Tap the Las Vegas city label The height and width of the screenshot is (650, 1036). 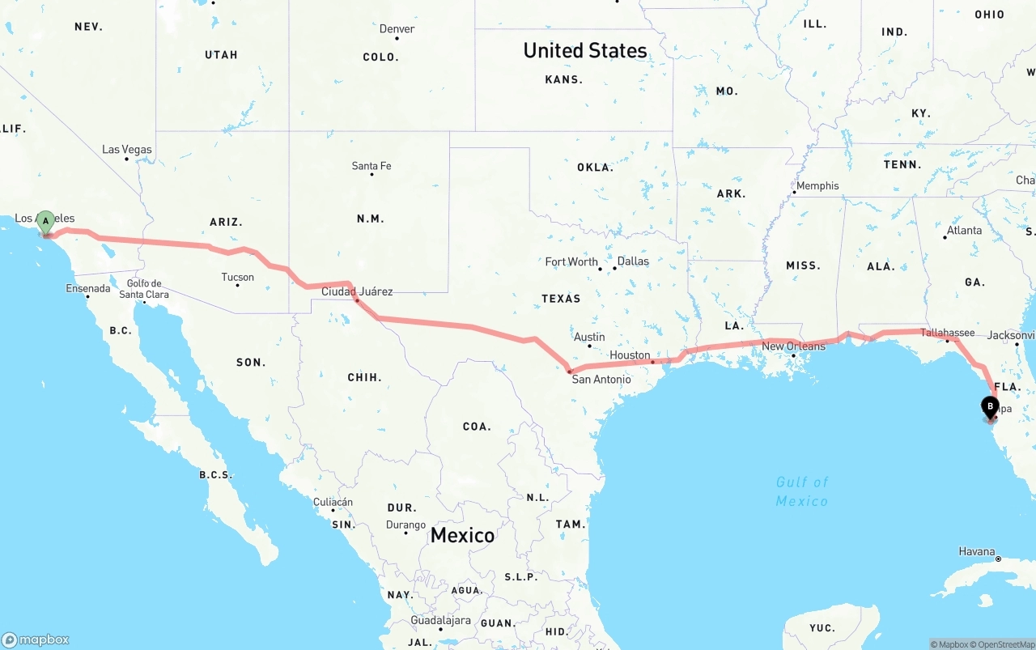point(127,150)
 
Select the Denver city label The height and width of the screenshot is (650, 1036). point(397,29)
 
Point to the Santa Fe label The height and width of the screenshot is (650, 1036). point(372,166)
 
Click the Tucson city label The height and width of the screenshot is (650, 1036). point(238,277)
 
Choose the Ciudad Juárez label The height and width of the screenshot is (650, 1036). point(357,291)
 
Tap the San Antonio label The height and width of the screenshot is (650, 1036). point(601,379)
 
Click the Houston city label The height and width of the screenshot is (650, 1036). point(630,355)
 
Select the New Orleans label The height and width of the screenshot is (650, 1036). point(793,346)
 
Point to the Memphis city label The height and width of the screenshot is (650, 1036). point(817,186)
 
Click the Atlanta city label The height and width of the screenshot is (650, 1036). point(964,231)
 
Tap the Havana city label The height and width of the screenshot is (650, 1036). point(977,552)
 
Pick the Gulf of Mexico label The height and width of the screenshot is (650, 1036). point(802,491)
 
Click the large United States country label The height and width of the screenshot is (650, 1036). point(585,50)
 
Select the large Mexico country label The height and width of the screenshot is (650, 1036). point(462,535)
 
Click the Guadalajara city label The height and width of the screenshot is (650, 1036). point(440,621)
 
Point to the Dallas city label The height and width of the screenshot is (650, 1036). point(633,261)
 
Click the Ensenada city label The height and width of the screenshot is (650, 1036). point(87,288)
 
